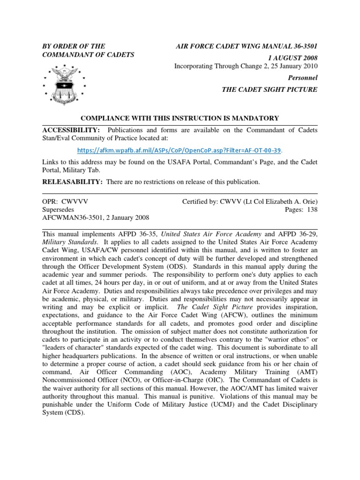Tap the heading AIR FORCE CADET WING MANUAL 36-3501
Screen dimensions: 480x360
tap(246, 46)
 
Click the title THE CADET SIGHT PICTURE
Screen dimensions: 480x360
tap(270, 90)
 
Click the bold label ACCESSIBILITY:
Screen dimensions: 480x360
tap(71, 130)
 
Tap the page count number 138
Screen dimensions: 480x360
tap(312, 210)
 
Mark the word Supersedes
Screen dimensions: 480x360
tap(58, 210)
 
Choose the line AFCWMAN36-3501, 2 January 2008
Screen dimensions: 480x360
tap(96, 218)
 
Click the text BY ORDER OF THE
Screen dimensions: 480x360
tap(74, 46)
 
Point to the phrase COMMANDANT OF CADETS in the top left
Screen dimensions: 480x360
tap(88, 55)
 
